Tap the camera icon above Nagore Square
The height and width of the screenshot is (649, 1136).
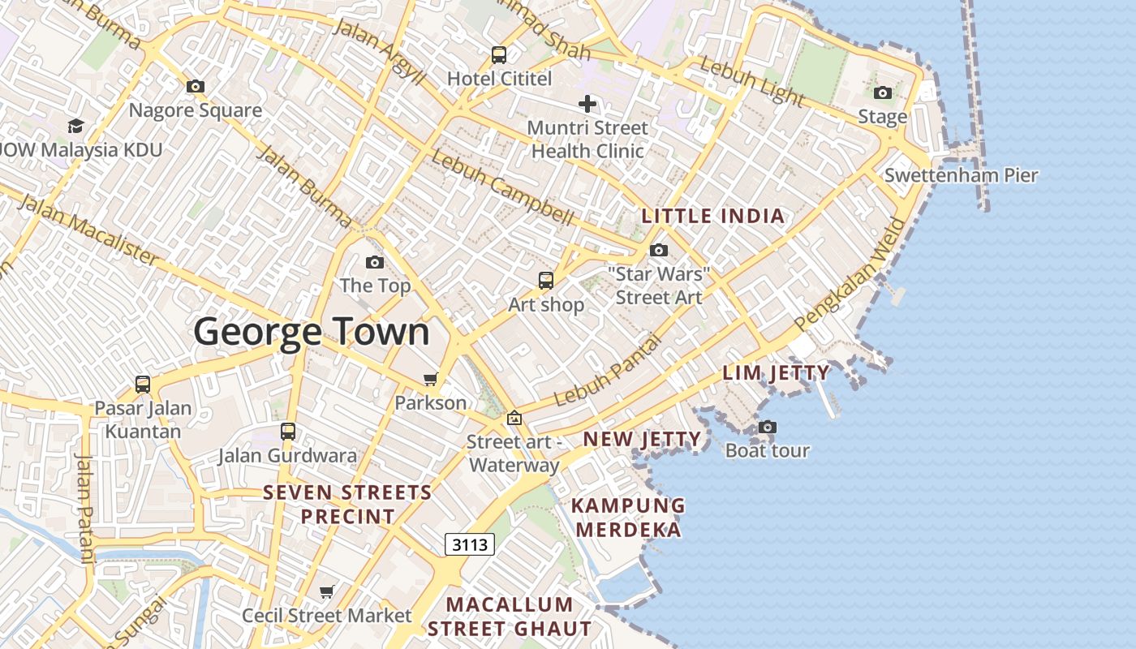195,87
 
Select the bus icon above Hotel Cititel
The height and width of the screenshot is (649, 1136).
499,55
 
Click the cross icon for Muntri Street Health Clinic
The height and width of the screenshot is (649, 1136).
587,104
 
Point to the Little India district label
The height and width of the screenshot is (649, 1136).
713,217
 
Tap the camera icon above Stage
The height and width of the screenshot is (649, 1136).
883,93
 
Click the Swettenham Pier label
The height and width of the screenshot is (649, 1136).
961,175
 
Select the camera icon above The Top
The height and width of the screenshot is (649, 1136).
374,262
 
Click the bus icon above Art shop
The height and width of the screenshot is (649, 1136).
546,281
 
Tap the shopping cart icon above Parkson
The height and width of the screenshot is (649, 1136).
430,379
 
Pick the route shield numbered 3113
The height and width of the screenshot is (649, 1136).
470,544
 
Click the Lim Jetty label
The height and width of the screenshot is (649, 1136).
777,373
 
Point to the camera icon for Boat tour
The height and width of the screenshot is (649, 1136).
767,427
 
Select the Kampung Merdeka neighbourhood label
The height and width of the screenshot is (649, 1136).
628,518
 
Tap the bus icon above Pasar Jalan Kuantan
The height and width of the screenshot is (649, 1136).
143,384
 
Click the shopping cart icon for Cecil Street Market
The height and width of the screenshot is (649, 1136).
326,592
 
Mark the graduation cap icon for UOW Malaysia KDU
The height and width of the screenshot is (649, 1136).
75,126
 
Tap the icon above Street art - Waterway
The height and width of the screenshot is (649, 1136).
514,419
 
